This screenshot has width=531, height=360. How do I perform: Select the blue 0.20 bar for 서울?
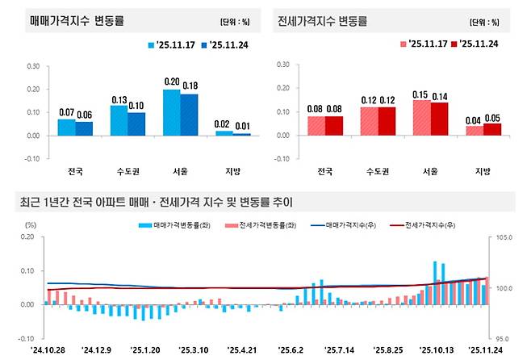point(171,112)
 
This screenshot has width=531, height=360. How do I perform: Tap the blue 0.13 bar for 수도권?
point(119,120)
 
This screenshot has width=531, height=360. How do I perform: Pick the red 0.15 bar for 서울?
point(422,118)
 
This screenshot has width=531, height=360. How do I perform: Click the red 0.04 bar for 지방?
point(475,131)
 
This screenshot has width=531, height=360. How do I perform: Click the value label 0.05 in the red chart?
point(493,118)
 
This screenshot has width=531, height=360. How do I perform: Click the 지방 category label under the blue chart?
point(232,171)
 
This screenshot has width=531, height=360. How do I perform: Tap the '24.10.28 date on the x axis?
point(49,350)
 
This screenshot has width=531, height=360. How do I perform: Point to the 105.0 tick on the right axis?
point(505,237)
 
